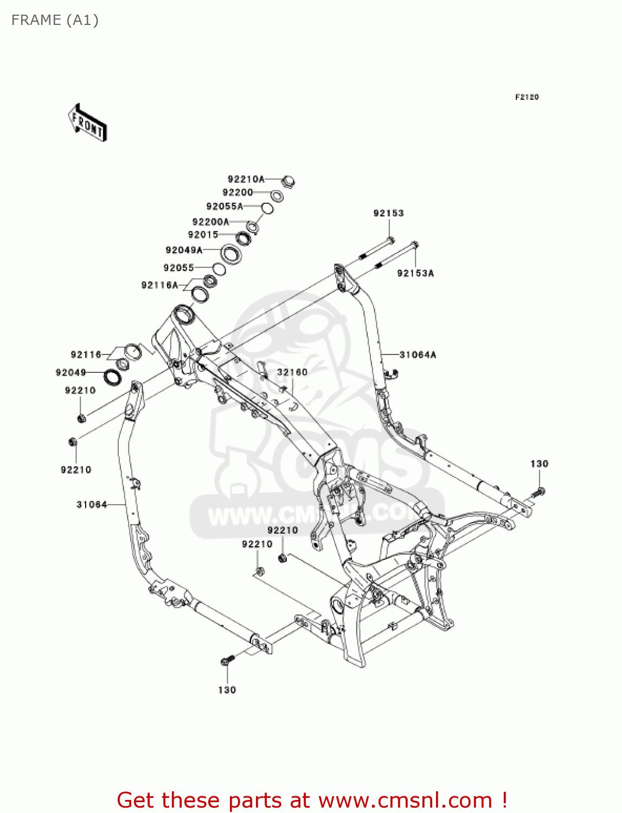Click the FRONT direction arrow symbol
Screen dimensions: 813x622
click(87, 123)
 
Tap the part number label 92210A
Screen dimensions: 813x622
click(246, 179)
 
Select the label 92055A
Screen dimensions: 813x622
click(225, 207)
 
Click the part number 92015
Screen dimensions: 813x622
click(203, 235)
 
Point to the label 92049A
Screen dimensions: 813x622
click(184, 250)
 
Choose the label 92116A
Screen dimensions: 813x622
click(159, 285)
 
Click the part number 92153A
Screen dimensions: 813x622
click(415, 273)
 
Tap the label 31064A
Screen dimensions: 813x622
click(418, 355)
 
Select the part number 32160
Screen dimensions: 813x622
click(292, 372)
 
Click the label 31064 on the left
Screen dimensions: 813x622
click(92, 505)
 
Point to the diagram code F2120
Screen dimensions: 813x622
click(527, 97)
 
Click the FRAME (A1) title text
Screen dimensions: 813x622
click(55, 21)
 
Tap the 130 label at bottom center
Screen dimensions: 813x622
click(227, 690)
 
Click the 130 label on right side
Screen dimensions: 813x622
click(539, 464)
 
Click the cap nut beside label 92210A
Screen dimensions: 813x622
click(288, 181)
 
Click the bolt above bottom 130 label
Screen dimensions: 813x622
click(227, 660)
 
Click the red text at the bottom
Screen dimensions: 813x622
click(312, 800)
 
